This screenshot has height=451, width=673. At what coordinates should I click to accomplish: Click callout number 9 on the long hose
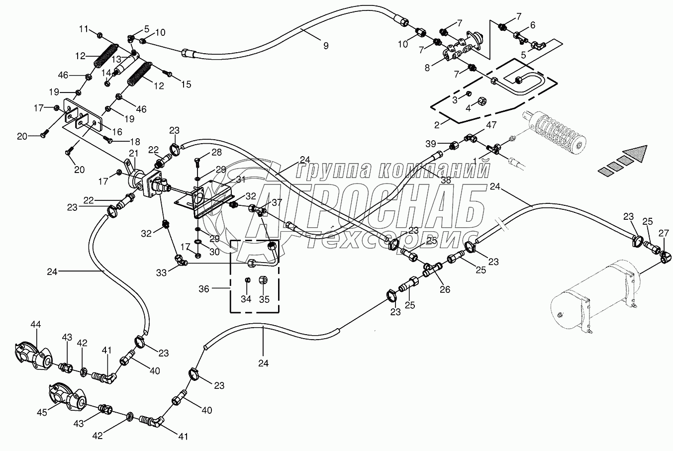click(326, 46)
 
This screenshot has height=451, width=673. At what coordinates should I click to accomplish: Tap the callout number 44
click(36, 324)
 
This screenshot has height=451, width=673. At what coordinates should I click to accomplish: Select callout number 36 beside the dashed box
click(204, 289)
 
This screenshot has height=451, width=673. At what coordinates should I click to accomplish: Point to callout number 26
click(445, 289)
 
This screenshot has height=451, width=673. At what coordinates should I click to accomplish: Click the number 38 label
click(446, 180)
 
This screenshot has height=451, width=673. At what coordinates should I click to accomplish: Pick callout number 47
click(491, 125)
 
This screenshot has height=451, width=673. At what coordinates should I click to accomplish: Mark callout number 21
click(133, 154)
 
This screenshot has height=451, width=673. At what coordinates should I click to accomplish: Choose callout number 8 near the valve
click(427, 68)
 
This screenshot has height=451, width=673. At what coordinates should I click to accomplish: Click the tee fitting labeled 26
click(432, 269)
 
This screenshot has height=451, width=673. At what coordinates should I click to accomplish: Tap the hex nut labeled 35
click(263, 280)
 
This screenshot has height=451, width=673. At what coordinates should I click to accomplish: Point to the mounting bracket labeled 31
click(205, 199)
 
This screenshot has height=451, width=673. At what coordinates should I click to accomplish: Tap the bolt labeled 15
click(167, 73)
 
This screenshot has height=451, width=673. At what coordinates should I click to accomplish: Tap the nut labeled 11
click(100, 35)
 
